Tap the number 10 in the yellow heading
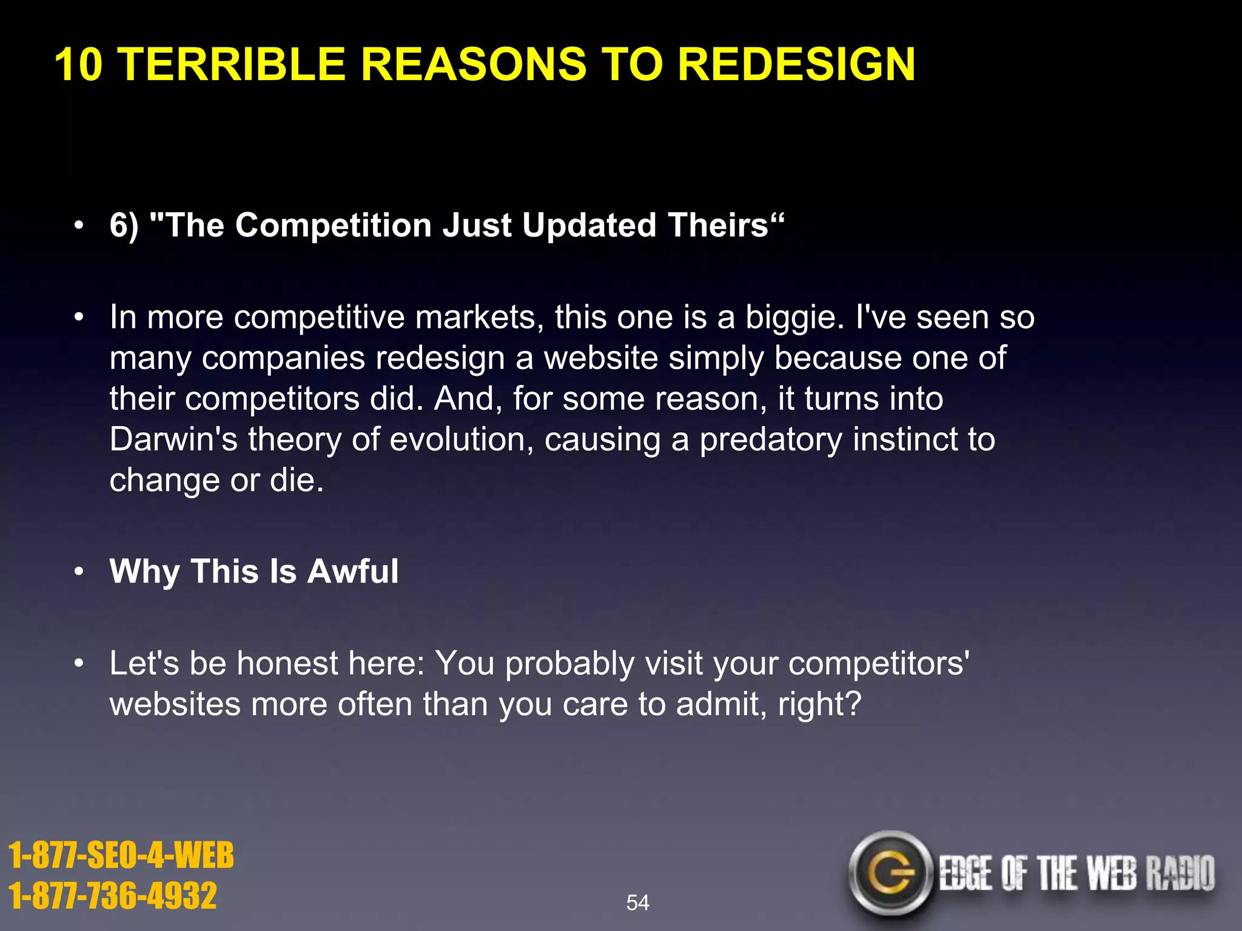click(79, 64)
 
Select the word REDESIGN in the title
click(796, 64)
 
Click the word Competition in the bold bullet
click(333, 225)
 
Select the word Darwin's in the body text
click(173, 439)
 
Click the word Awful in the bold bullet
click(352, 572)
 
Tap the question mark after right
click(853, 704)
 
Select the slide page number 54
click(637, 903)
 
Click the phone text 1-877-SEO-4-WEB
click(121, 855)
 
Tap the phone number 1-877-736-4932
click(113, 896)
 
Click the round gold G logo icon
click(890, 873)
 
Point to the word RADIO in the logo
click(1180, 873)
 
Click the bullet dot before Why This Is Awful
click(78, 572)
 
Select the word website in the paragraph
click(600, 358)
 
